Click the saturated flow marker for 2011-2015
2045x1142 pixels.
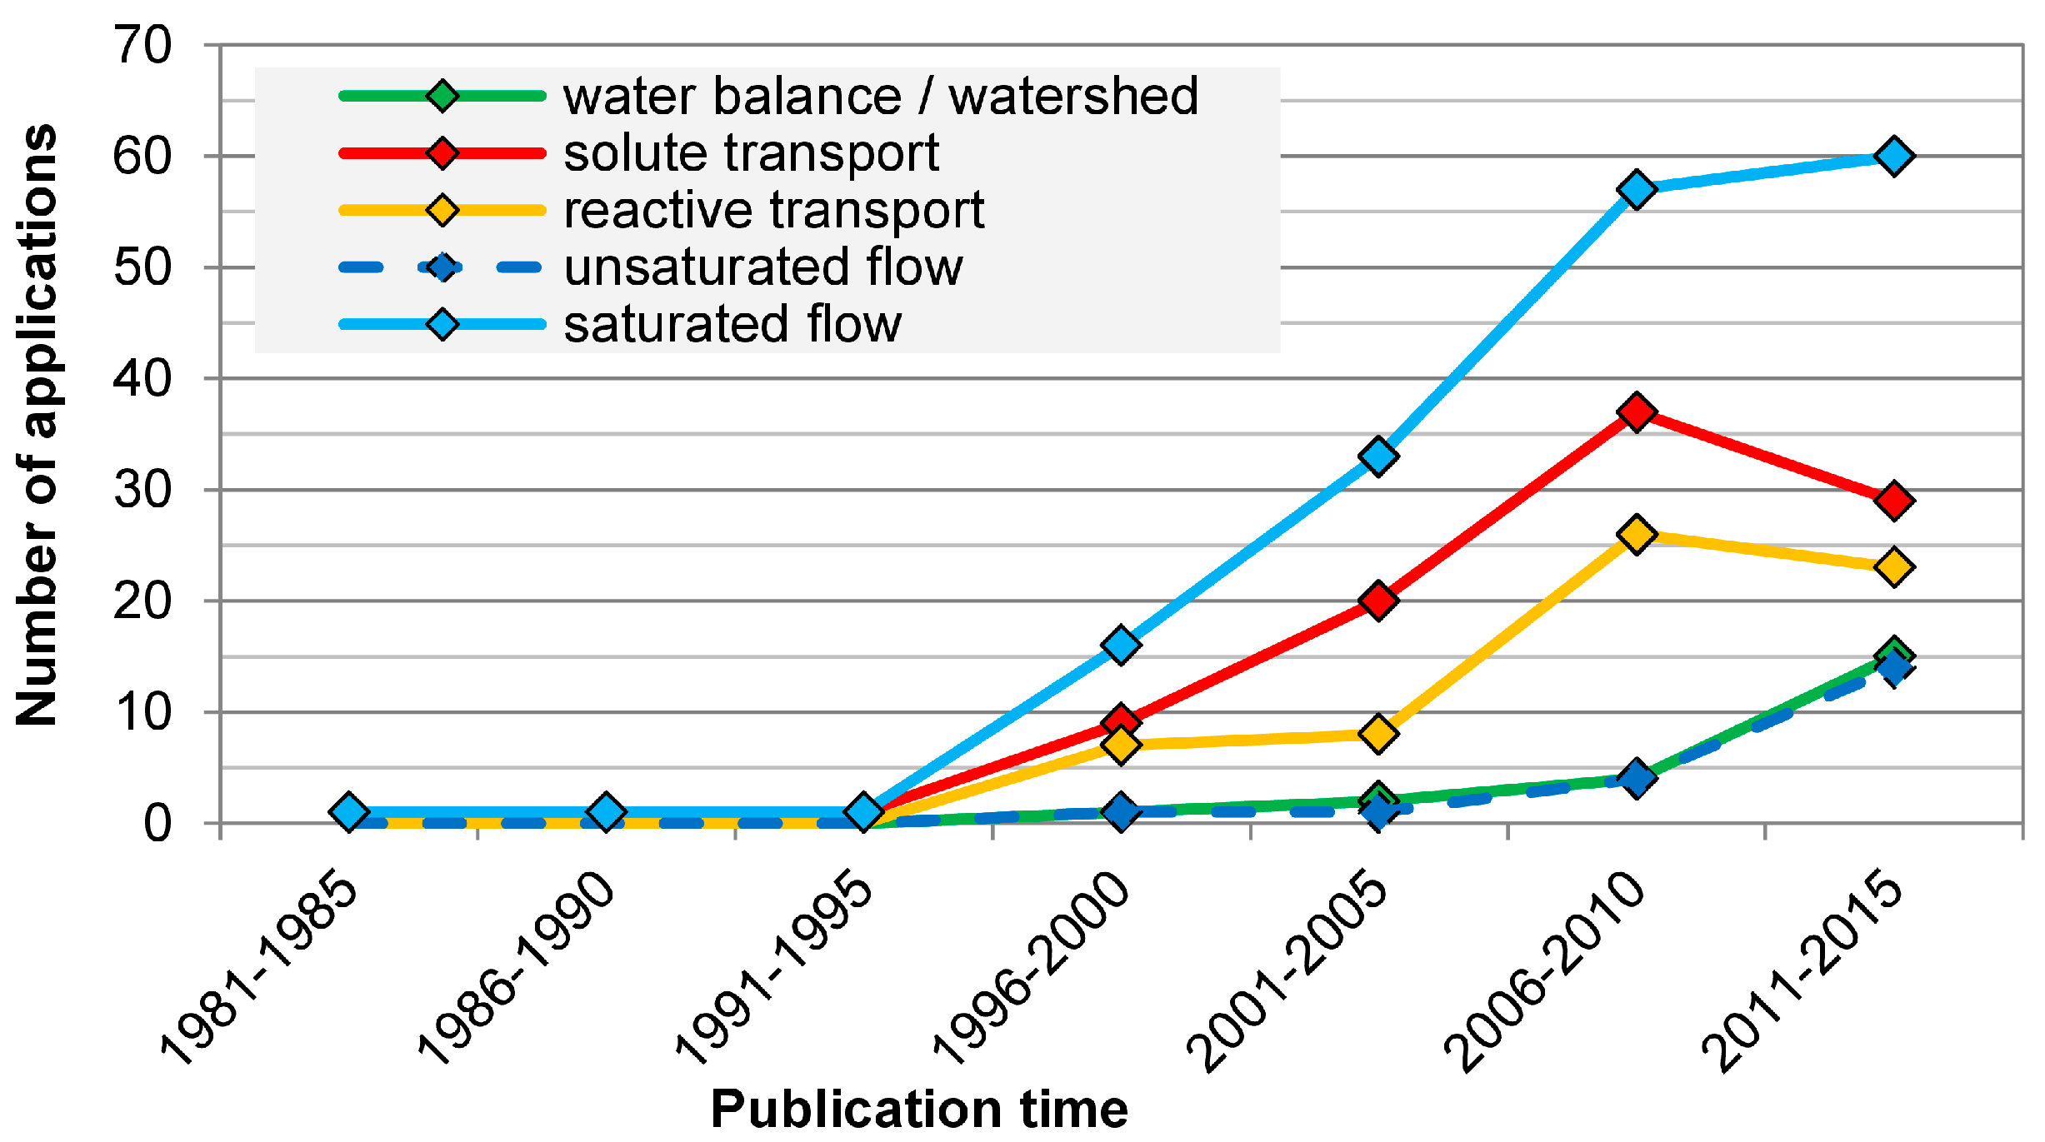1893,156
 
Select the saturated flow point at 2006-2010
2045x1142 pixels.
1636,189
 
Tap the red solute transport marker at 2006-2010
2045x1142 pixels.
1636,411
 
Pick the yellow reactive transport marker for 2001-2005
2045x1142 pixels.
1378,734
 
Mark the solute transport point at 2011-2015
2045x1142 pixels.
1893,501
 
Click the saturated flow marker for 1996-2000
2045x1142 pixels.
1121,645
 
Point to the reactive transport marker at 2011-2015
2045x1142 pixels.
1893,567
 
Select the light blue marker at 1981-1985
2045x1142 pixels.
349,811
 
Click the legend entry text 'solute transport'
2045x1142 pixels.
751,153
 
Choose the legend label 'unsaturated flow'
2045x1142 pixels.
763,267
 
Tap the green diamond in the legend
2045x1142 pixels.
442,95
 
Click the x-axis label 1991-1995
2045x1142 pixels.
775,966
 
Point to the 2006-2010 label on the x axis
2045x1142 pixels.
1547,970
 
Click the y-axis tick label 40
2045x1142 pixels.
143,379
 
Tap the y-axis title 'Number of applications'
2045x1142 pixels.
37,425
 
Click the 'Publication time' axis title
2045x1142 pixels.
918,1109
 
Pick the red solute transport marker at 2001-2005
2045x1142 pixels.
1378,601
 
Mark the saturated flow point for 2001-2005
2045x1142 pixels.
1378,456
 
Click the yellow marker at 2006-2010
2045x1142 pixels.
1636,534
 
